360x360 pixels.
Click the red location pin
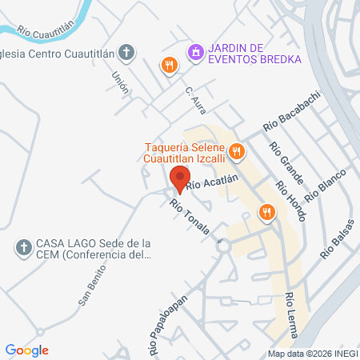click(x=180, y=178)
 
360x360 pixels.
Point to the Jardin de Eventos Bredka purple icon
click(x=195, y=52)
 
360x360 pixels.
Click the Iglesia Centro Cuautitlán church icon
click(x=126, y=53)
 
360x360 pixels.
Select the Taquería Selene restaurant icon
click(x=236, y=150)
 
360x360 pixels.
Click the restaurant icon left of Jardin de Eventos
click(x=168, y=66)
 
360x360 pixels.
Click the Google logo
click(x=27, y=350)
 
